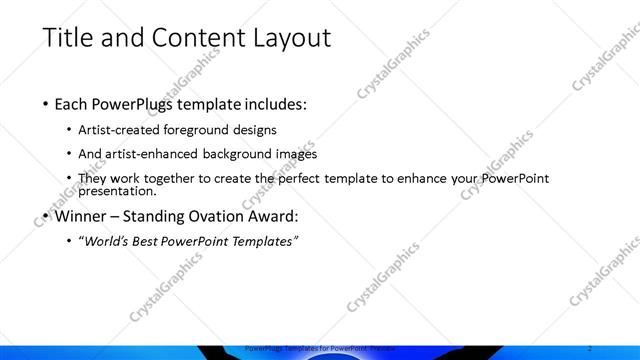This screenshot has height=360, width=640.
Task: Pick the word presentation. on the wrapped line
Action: (x=118, y=191)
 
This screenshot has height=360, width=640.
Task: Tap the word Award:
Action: (x=273, y=215)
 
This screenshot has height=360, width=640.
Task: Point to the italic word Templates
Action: (x=264, y=241)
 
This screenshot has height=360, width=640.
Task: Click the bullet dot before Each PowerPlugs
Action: (x=45, y=104)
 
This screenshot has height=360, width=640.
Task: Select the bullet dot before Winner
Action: (x=45, y=216)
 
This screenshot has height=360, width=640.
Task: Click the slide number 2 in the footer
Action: (x=592, y=347)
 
